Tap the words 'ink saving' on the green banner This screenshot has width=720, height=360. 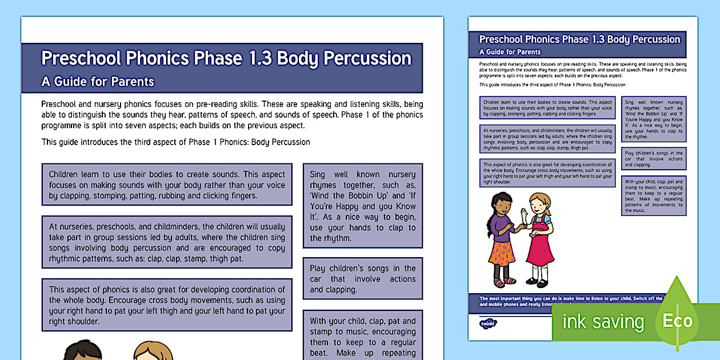[x=603, y=321]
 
